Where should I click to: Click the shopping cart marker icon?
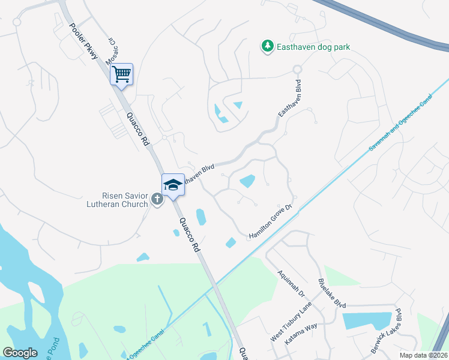[121, 74]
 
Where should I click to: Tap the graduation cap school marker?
[172, 184]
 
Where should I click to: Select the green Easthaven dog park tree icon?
[267, 46]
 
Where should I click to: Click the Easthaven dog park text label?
[313, 46]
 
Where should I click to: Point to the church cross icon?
[157, 199]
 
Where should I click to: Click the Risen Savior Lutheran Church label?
[124, 199]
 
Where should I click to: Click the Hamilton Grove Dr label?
[270, 223]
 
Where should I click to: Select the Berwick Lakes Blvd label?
[393, 331]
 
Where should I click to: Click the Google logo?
[20, 353]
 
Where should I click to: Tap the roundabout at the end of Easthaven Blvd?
[297, 70]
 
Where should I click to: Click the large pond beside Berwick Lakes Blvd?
[367, 321]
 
